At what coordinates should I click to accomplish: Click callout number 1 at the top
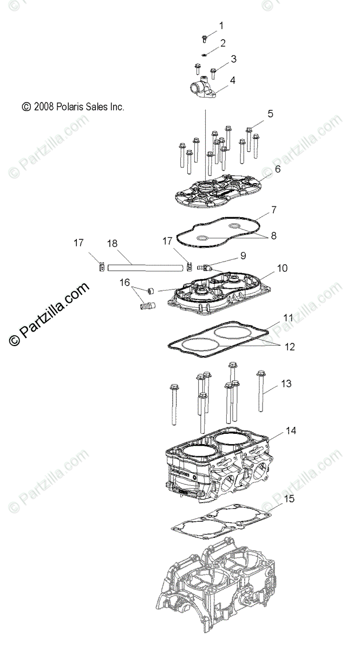(x=221, y=25)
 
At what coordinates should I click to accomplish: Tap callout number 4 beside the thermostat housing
(x=232, y=80)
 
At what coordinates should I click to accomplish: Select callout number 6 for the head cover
(x=278, y=169)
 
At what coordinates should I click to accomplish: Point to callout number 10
(x=282, y=268)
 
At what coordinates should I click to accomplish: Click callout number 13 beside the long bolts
(x=286, y=384)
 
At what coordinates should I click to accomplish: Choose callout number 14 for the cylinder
(x=291, y=431)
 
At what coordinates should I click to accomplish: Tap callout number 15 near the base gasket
(x=290, y=498)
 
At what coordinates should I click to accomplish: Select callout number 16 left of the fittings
(x=125, y=283)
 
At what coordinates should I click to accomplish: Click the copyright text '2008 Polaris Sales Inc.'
(x=73, y=107)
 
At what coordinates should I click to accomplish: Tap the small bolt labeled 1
(x=205, y=38)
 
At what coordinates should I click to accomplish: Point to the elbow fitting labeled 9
(x=204, y=266)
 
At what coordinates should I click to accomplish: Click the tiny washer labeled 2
(x=204, y=55)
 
